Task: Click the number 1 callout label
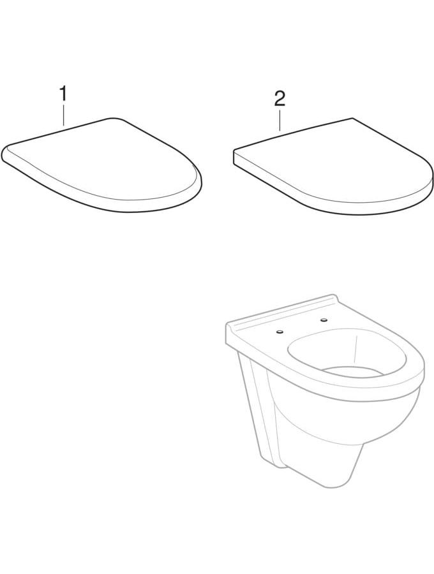coord(63,94)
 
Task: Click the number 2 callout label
coord(280,98)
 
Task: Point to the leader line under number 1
coord(63,115)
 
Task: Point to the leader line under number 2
coord(280,120)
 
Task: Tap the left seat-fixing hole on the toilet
coord(280,332)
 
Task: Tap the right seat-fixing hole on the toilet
coord(324,320)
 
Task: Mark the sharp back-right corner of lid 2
coord(352,118)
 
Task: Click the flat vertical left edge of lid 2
coord(234,158)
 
